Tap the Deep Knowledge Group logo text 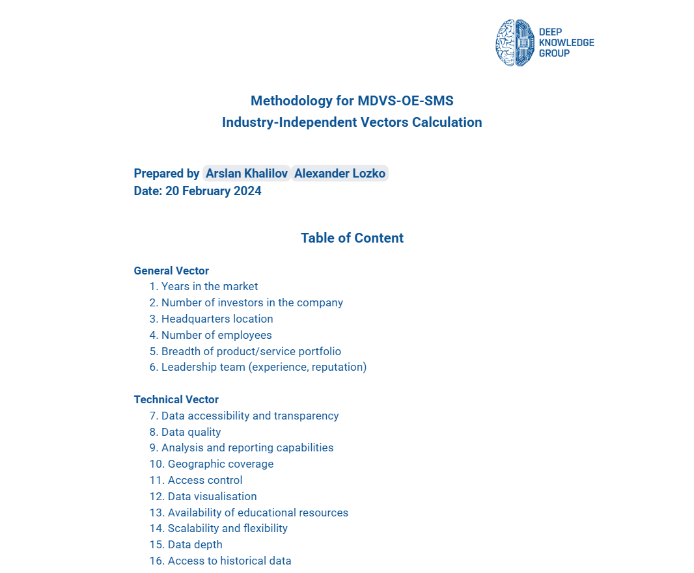pyautogui.click(x=566, y=43)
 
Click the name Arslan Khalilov pyautogui.click(x=247, y=173)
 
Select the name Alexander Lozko pyautogui.click(x=340, y=173)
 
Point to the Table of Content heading pyautogui.click(x=352, y=238)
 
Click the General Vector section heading pyautogui.click(x=171, y=271)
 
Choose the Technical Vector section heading pyautogui.click(x=176, y=399)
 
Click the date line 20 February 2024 pyautogui.click(x=197, y=191)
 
